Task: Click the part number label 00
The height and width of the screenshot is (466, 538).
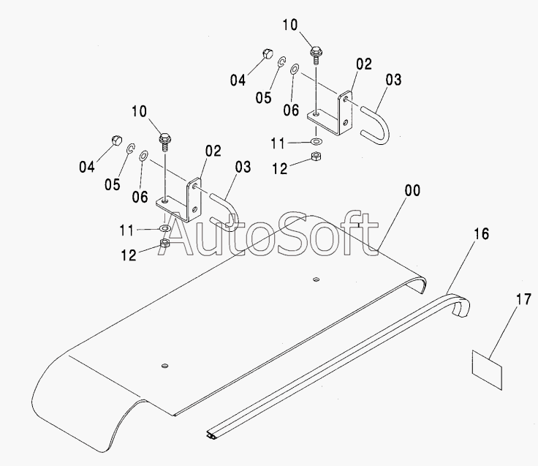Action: [412, 192]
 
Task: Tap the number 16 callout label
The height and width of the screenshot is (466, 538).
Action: [480, 234]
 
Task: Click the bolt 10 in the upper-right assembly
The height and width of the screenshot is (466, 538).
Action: [316, 53]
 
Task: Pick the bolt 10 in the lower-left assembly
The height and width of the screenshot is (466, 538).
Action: [164, 139]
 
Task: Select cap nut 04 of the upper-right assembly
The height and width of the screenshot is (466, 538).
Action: [267, 54]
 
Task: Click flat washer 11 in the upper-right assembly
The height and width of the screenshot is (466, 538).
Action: [315, 140]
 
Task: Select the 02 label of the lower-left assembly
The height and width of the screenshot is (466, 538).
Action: [213, 151]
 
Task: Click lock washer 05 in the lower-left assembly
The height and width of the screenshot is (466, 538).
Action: [129, 150]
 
